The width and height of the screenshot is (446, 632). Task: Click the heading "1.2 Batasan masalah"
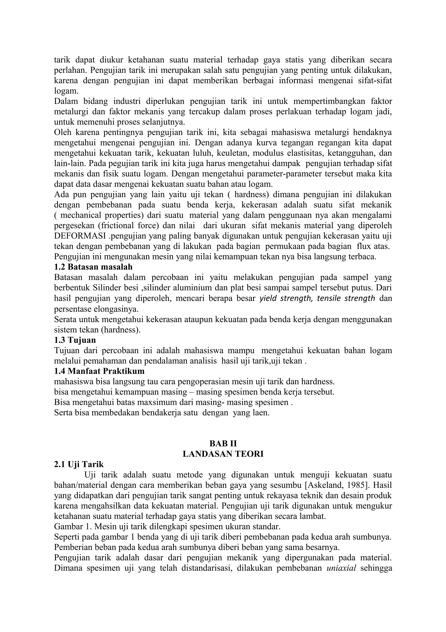[x=93, y=267]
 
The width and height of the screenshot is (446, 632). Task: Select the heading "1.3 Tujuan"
[x=75, y=340]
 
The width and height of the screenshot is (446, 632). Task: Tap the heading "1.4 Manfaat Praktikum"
[x=99, y=371]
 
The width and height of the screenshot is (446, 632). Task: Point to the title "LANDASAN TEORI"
[x=223, y=454]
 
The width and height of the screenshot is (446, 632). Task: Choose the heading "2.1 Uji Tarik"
[x=79, y=464]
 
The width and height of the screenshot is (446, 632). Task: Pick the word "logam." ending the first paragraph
[x=66, y=91]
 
